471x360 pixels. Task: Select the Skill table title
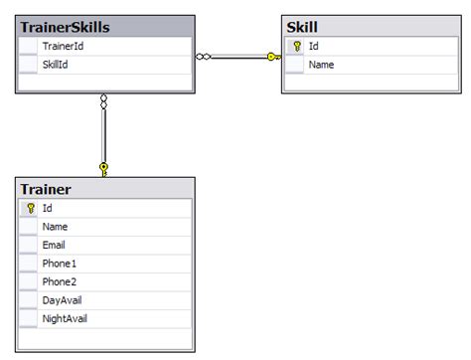pos(302,27)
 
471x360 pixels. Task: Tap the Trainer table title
pos(45,189)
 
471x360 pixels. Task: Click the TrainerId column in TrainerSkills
pos(63,46)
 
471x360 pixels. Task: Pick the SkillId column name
pos(56,65)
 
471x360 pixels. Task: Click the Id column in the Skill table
pos(314,46)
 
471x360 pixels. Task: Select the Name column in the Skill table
pos(321,65)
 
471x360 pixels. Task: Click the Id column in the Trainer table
pos(48,208)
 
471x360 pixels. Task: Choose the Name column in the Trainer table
pos(55,227)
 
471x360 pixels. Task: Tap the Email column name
pos(54,245)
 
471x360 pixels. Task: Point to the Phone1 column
pos(60,263)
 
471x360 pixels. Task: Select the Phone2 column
pos(60,281)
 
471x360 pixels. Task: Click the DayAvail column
pos(63,299)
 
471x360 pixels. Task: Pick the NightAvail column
pos(67,318)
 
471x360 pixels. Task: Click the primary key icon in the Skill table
pos(297,46)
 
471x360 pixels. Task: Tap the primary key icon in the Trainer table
pos(30,208)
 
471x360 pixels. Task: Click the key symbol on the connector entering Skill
pos(273,57)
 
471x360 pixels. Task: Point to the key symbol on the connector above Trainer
pos(103,168)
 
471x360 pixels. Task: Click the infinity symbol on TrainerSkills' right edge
pos(204,57)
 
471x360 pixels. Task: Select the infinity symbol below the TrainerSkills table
pos(103,101)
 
